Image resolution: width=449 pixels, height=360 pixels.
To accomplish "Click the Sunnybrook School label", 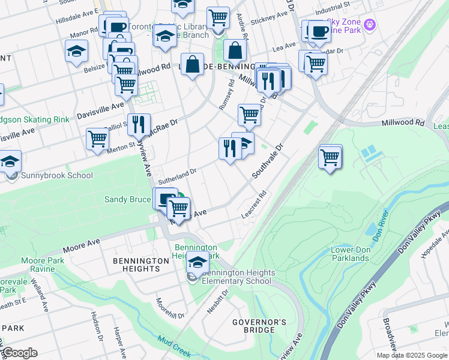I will (x=57, y=176).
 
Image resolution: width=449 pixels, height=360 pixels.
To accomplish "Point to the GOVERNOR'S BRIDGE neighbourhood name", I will (x=259, y=326).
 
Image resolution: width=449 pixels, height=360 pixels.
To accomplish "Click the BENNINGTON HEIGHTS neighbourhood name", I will (x=141, y=265).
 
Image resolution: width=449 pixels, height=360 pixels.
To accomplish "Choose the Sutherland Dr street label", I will (x=177, y=176).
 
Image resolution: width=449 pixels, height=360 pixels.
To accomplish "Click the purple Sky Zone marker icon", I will (x=370, y=25).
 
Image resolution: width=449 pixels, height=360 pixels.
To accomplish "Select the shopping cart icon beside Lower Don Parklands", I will (x=330, y=158).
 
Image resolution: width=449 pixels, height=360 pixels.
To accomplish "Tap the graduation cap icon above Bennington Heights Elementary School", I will (x=197, y=262).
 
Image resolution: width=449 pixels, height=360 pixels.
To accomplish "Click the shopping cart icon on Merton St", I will (x=97, y=139).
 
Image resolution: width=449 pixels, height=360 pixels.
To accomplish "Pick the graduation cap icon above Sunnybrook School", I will (x=10, y=162).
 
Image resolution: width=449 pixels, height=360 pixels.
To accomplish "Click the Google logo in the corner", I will (x=19, y=353).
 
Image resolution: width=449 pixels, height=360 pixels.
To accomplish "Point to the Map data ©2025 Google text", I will (x=411, y=355).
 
